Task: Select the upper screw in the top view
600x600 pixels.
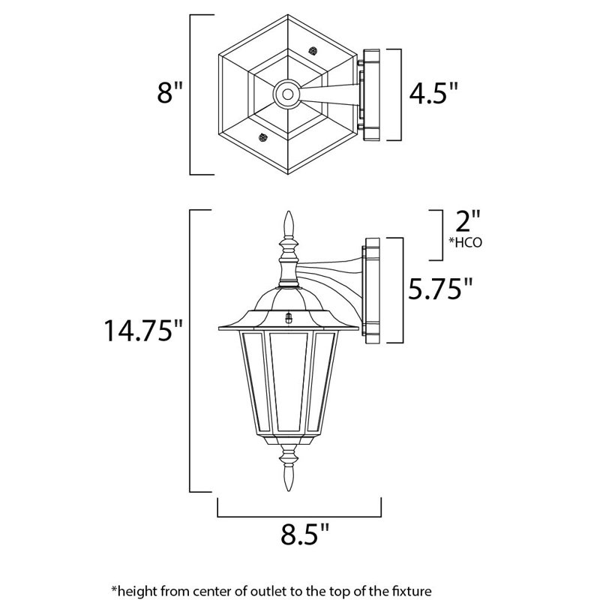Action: pos(312,52)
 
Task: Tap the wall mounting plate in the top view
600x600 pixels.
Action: pos(370,94)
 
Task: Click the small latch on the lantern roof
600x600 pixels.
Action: pos(288,317)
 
